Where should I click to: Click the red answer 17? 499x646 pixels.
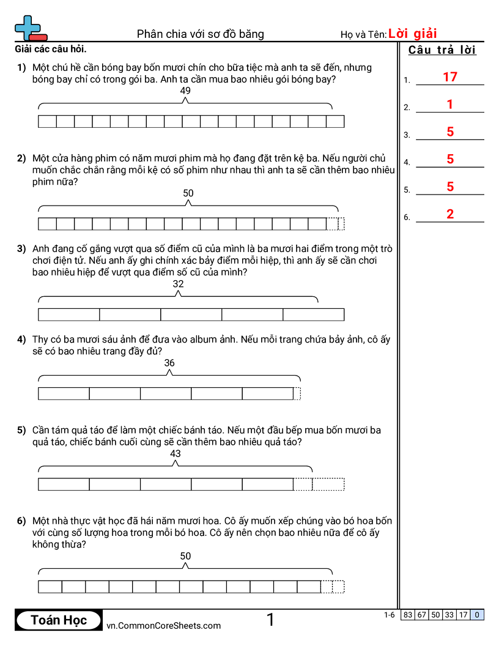[450, 77]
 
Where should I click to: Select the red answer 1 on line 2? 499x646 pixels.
[450, 105]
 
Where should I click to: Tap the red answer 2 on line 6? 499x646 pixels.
[450, 214]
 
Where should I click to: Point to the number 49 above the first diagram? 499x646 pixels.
[186, 91]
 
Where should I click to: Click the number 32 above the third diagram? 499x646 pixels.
[178, 284]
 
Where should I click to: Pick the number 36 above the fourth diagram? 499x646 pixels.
[169, 363]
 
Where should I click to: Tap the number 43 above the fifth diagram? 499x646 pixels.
[176, 453]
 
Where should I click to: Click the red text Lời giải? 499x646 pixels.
[413, 34]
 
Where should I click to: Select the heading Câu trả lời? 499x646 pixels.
[442, 50]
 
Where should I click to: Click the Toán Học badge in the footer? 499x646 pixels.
[59, 620]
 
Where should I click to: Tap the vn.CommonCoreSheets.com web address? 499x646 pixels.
[164, 625]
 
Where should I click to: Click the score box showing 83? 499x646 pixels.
[408, 615]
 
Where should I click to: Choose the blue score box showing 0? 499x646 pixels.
[477, 615]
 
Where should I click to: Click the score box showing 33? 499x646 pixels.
[449, 615]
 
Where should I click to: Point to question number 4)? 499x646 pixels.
[21, 340]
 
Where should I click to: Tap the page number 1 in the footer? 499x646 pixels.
[270, 620]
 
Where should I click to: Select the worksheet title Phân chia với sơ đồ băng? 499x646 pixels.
[201, 34]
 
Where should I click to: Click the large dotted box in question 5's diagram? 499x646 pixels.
[328, 484]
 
